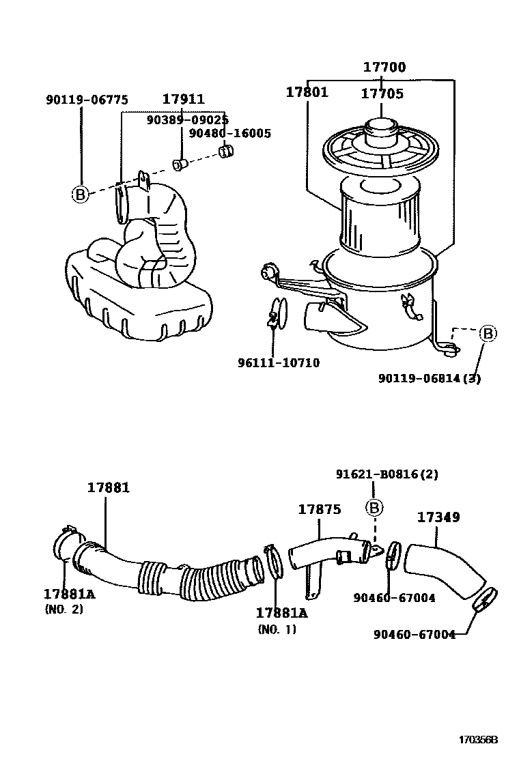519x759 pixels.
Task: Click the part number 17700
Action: [x=384, y=67]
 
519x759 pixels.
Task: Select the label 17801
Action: [x=307, y=91]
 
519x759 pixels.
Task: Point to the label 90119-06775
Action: [x=87, y=100]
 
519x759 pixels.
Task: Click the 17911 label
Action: [x=183, y=100]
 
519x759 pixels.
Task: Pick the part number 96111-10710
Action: [x=279, y=363]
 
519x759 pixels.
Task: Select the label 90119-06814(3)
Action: [x=430, y=379]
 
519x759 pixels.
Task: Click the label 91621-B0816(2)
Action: [x=387, y=474]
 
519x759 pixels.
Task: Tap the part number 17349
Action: [x=438, y=517]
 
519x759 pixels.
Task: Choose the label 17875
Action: [x=319, y=509]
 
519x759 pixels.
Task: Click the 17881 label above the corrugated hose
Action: [x=108, y=487]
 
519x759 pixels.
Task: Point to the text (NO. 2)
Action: [x=64, y=609]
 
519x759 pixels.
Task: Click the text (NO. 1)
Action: [x=277, y=629]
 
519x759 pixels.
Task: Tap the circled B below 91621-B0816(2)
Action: [x=375, y=507]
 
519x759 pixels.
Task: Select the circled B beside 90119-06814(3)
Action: [x=488, y=334]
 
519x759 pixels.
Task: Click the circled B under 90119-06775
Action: [x=81, y=195]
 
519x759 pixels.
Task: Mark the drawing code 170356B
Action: [x=479, y=740]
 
